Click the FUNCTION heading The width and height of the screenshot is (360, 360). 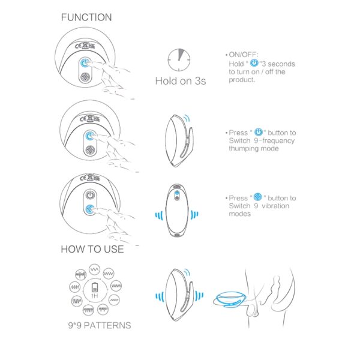86,17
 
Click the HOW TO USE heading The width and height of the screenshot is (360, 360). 92,249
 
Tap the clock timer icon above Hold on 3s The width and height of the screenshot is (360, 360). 179,59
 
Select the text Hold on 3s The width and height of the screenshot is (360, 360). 181,81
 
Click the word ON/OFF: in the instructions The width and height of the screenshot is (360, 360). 244,55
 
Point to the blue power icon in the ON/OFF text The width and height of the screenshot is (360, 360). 254,62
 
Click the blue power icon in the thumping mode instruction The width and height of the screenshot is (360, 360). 259,131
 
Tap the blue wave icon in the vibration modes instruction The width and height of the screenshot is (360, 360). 257,197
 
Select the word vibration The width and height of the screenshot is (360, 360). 275,206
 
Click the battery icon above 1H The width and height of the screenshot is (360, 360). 95,287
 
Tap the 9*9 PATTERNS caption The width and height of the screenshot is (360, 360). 100,325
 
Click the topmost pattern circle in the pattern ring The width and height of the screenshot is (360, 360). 94,269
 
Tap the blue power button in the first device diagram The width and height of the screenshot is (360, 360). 85,63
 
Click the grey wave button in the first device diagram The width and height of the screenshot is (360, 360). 85,77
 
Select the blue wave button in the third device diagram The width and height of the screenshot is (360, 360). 90,209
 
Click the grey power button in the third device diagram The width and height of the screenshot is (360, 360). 90,196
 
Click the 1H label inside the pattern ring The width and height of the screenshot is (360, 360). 95,296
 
